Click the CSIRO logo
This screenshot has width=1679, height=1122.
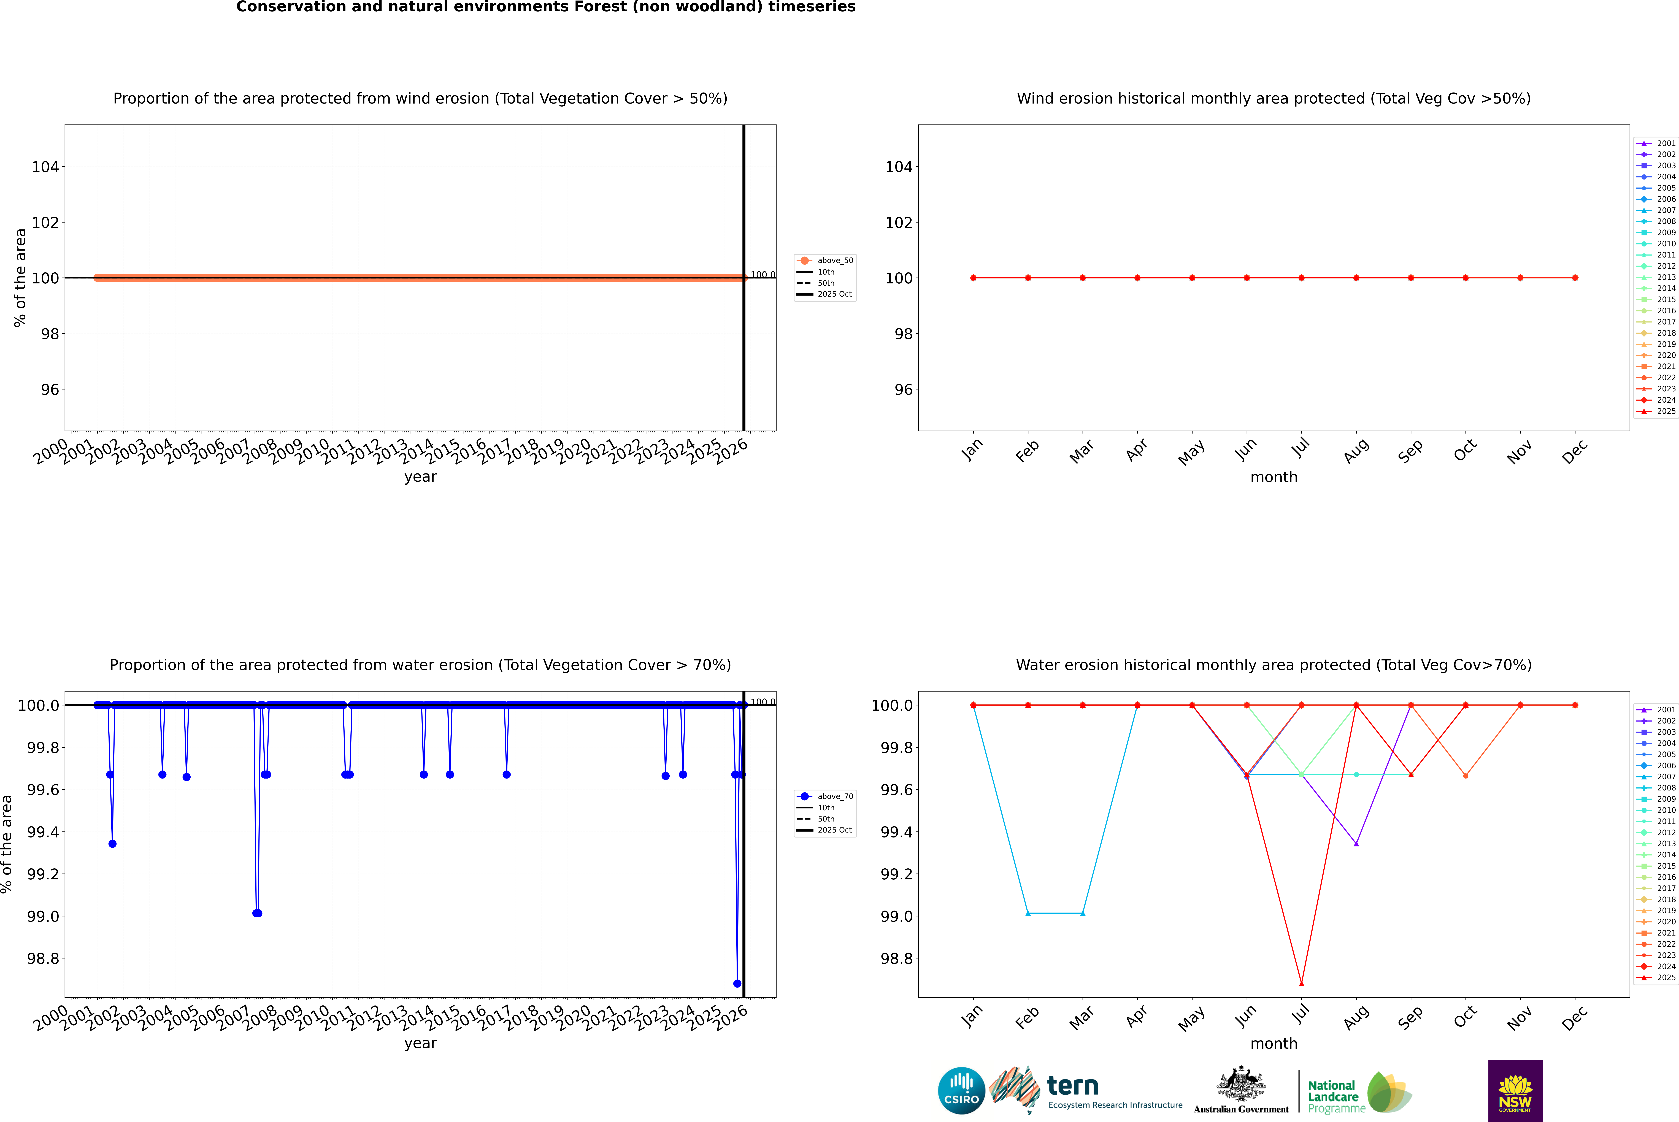(961, 1091)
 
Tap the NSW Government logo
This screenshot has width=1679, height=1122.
(1515, 1091)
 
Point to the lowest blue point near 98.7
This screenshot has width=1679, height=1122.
(737, 983)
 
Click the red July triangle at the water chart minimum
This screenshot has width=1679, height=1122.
(1301, 983)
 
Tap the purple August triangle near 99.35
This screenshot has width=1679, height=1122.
(1356, 844)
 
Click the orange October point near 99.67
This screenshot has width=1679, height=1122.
(1466, 776)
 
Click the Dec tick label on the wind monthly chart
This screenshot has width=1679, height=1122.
(1575, 452)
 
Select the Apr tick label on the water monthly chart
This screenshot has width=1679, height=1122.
(1137, 1017)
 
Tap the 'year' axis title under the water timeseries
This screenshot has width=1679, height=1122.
(420, 1043)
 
